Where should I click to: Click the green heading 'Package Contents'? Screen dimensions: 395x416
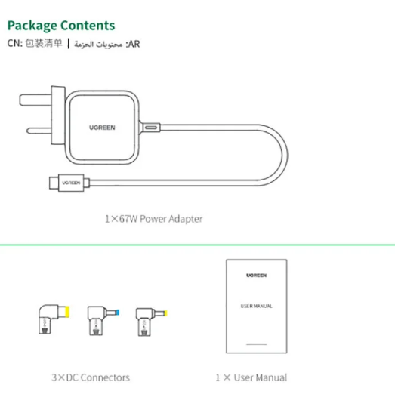(x=61, y=26)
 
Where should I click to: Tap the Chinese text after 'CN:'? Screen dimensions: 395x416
(x=44, y=43)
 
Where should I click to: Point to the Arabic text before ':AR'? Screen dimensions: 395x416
(x=98, y=44)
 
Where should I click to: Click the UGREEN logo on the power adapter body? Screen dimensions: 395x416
(x=102, y=128)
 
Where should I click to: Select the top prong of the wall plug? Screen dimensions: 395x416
(x=35, y=100)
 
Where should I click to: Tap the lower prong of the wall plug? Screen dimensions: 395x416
(x=39, y=131)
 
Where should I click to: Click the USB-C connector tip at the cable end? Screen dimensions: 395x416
(x=54, y=183)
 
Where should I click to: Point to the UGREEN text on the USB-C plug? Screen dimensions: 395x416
(x=71, y=183)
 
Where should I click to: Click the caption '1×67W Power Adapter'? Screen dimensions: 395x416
(x=154, y=219)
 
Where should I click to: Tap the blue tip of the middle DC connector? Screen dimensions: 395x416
(x=117, y=313)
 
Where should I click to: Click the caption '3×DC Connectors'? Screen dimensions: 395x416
(x=91, y=377)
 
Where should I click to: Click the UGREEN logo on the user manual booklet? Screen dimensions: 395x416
(x=257, y=276)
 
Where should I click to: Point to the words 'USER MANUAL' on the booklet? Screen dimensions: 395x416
(x=257, y=307)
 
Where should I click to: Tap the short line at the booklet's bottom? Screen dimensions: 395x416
(x=257, y=344)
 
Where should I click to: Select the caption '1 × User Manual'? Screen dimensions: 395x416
(x=251, y=377)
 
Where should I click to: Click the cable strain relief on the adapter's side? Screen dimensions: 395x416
(x=150, y=128)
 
